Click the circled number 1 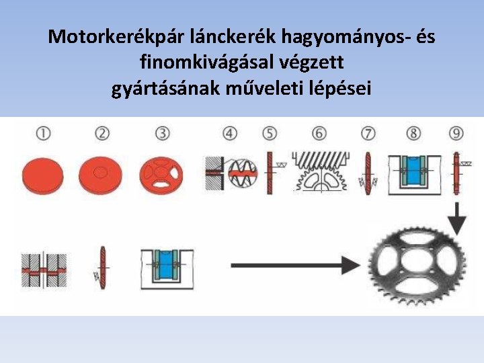43,134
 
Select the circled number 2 102,134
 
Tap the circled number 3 162,134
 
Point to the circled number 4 231,134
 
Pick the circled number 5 270,134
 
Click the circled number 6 319,134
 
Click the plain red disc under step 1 43,175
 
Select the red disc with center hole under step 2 101,175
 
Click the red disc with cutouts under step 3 161,175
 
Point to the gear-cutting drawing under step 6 321,172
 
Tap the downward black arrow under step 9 458,216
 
